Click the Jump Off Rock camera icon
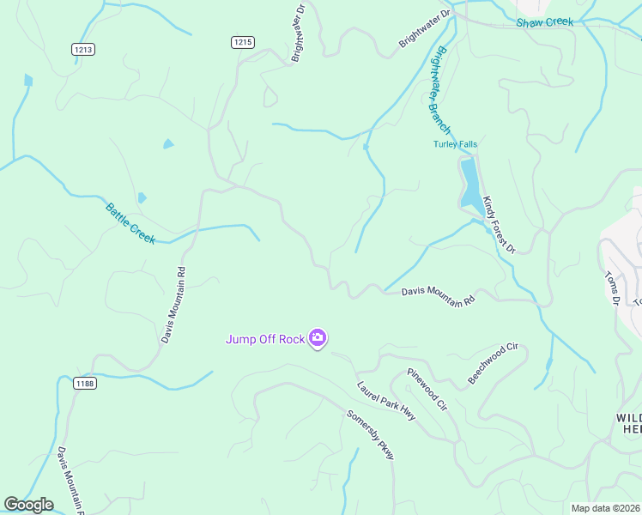(x=318, y=339)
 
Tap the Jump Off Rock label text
(x=265, y=339)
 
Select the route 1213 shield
(x=83, y=50)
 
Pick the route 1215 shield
(x=243, y=41)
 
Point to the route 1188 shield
(x=84, y=383)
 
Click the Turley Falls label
(x=455, y=144)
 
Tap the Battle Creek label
(x=130, y=222)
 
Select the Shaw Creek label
(x=544, y=22)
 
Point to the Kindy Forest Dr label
(x=498, y=224)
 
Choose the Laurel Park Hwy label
(x=386, y=400)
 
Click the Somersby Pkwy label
(x=370, y=434)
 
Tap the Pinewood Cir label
(x=427, y=389)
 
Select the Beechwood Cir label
(x=494, y=363)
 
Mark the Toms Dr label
(x=612, y=288)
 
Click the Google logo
(x=28, y=505)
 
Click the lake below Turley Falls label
(x=469, y=185)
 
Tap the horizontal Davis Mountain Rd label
(x=438, y=297)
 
